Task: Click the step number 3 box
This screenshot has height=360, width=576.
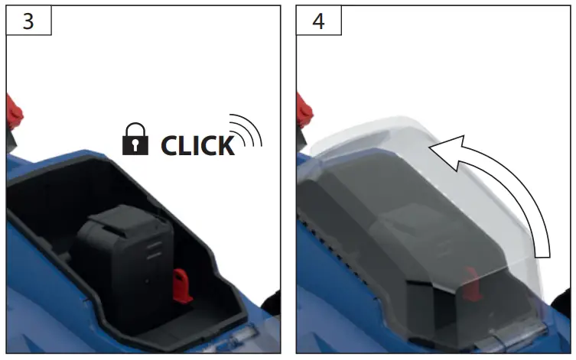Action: tap(28, 20)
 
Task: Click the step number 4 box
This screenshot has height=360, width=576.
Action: tap(318, 20)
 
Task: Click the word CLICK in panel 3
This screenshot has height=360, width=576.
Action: tap(197, 145)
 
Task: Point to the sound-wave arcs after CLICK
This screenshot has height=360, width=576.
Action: tap(246, 131)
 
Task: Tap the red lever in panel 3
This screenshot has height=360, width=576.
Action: tap(14, 115)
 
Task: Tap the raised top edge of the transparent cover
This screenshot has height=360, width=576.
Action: tap(367, 131)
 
